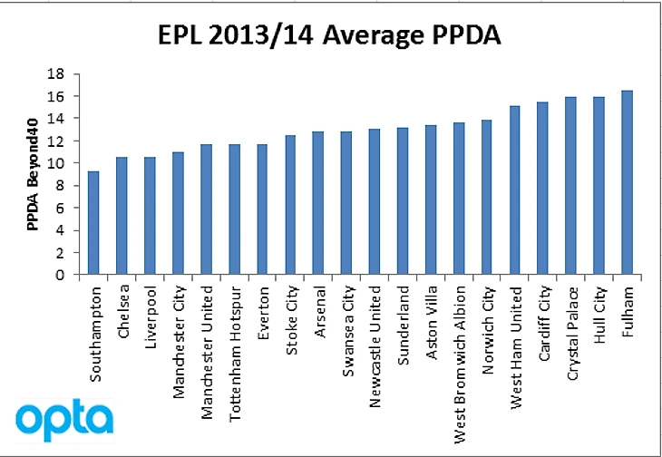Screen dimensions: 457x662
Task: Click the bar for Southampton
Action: coord(92,223)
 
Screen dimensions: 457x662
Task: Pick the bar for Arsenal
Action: coord(317,203)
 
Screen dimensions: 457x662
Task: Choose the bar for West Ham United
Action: coord(514,190)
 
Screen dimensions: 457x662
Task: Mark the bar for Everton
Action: coord(262,209)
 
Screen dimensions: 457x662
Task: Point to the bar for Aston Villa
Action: coord(430,200)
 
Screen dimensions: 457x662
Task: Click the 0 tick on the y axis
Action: coord(63,275)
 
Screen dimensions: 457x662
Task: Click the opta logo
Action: coord(63,420)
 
